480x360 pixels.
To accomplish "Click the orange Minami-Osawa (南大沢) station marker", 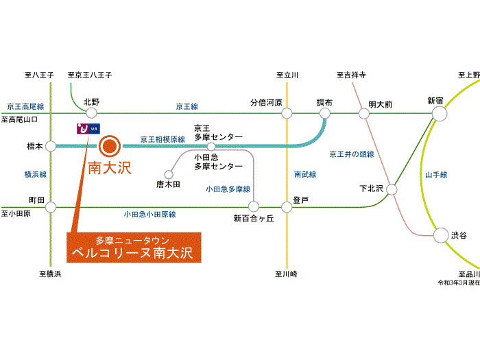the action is [110, 146].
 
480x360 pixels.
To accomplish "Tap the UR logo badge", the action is [88, 129].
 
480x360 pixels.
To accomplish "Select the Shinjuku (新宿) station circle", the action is [440, 114].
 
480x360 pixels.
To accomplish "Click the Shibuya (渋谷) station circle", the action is [441, 235].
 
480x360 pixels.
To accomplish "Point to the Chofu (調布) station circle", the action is [325, 113].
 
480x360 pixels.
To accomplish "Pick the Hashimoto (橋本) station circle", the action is [51, 146].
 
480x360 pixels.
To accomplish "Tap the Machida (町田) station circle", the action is [51, 207].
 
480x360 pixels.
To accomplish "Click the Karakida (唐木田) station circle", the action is [169, 174].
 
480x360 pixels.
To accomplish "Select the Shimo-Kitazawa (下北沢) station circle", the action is [392, 189].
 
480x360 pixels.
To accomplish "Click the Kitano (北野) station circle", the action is [91, 113].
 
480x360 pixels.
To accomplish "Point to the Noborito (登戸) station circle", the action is [287, 207].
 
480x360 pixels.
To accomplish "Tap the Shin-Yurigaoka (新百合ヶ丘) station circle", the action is [254, 206].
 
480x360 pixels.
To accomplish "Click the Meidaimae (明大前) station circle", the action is [364, 114].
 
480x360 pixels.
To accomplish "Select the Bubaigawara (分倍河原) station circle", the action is [287, 113].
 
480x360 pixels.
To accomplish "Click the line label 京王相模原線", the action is [163, 139].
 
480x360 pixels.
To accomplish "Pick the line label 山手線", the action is [436, 175].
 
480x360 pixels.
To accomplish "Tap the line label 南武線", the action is [305, 174].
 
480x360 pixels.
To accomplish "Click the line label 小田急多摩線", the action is [228, 189].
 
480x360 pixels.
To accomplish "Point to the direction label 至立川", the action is [287, 75].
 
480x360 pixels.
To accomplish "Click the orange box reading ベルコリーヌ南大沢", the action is [134, 248].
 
